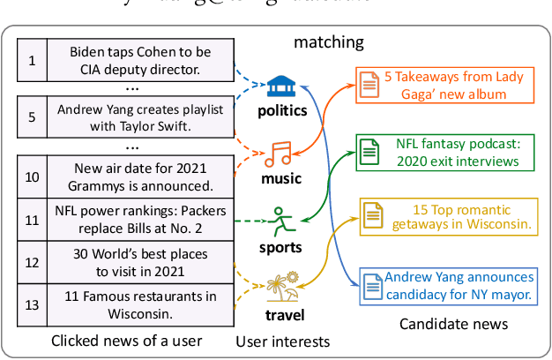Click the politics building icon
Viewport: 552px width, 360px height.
pyautogui.click(x=281, y=88)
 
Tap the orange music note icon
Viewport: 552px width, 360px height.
pyautogui.click(x=281, y=154)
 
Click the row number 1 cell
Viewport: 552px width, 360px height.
pyautogui.click(x=33, y=61)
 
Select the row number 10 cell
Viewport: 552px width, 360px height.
pyautogui.click(x=33, y=176)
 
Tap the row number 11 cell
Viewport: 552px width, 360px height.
pyautogui.click(x=33, y=220)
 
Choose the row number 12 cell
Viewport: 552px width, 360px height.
pyautogui.click(x=33, y=262)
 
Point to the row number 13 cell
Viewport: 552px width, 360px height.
pyautogui.click(x=33, y=304)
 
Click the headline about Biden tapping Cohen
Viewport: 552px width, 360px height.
pyautogui.click(x=134, y=61)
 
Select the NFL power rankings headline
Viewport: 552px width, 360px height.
pyautogui.click(x=134, y=220)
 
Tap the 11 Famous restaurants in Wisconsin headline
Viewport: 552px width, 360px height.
pyautogui.click(x=134, y=304)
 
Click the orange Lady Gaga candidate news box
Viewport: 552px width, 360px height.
pyautogui.click(x=443, y=86)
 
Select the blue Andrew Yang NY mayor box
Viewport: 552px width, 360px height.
pyautogui.click(x=450, y=285)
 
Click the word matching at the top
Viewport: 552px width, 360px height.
pyautogui.click(x=328, y=41)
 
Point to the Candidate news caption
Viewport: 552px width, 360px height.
pyautogui.click(x=453, y=324)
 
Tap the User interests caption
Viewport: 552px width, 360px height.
pyautogui.click(x=282, y=341)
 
